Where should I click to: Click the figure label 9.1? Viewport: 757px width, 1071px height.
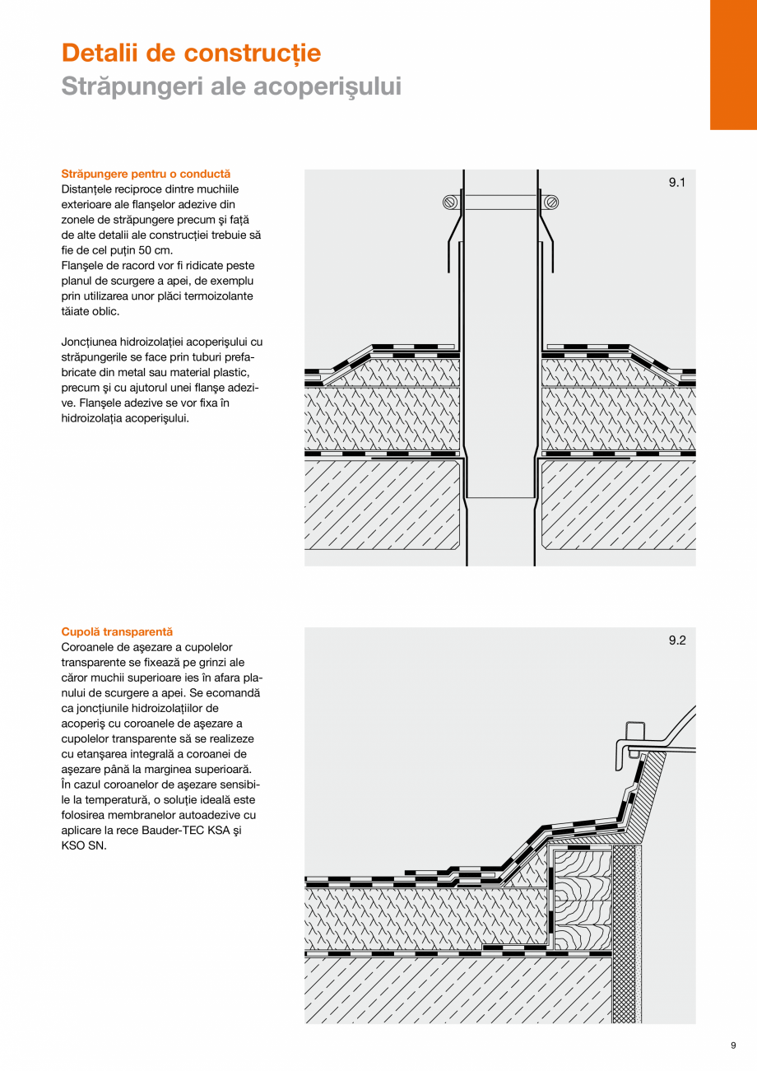[x=676, y=184]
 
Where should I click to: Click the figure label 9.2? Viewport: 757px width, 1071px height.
[x=676, y=641]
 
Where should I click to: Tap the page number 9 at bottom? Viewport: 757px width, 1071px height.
[x=732, y=1045]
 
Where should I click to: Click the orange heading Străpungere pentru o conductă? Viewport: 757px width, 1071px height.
[x=146, y=174]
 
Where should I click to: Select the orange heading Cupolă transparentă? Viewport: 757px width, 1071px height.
[x=117, y=631]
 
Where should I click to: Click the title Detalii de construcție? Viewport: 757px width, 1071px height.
[x=191, y=54]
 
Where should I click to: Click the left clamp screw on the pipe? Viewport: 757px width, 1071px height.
[x=450, y=202]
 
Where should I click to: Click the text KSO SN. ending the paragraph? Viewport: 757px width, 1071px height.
[x=84, y=845]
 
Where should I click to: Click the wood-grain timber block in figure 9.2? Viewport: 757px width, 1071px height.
[x=583, y=897]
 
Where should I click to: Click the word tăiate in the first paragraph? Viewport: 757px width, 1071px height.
[x=78, y=311]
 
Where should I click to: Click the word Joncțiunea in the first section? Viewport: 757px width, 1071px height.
[x=90, y=342]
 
